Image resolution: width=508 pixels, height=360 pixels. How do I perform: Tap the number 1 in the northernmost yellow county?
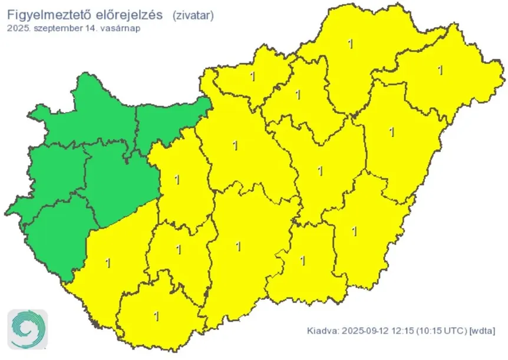tap(351, 44)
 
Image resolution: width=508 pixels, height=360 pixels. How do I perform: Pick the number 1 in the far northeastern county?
tap(440, 70)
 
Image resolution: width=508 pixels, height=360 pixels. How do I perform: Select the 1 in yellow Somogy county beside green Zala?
tap(107, 260)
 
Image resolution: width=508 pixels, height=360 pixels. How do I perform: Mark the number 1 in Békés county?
tap(354, 231)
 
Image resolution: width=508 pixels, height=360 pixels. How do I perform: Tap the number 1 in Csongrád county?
tap(302, 260)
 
